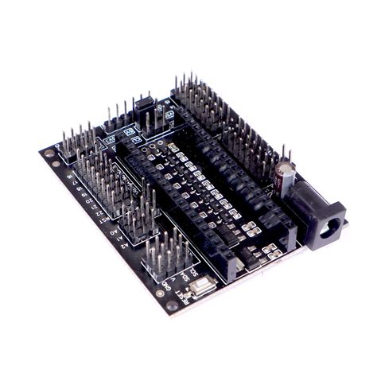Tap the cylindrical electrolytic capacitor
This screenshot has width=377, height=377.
point(285,177)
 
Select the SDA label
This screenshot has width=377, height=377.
point(185,276)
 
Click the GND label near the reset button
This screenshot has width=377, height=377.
point(165,286)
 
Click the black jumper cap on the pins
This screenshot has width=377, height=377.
point(146,104)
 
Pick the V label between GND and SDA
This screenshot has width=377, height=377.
point(177,281)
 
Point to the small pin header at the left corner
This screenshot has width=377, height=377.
point(76,143)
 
